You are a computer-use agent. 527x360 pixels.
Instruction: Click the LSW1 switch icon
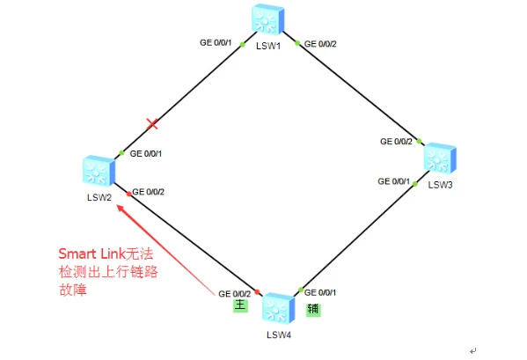(x=267, y=19)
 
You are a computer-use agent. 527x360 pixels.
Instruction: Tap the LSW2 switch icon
(x=99, y=171)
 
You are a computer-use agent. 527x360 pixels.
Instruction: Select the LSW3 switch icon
(x=440, y=158)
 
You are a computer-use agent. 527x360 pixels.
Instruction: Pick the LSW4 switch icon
(x=278, y=309)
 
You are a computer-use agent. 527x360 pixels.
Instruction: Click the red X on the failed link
(x=152, y=124)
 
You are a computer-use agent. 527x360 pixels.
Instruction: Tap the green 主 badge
(x=241, y=305)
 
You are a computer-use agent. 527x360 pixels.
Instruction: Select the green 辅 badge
(x=313, y=310)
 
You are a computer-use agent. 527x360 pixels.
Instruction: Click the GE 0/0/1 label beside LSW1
(x=216, y=42)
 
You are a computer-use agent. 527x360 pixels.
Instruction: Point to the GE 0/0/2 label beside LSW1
(x=320, y=44)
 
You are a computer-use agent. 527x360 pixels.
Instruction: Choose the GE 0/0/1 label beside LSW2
(x=146, y=154)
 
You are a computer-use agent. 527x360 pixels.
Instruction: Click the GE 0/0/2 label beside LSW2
(x=148, y=192)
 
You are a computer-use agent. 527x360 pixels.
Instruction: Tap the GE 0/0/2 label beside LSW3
(x=396, y=142)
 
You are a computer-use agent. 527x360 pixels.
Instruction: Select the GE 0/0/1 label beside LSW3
(x=393, y=181)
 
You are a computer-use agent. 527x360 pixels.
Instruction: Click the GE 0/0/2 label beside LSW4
(x=235, y=294)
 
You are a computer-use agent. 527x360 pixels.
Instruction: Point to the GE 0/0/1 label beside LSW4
(x=320, y=292)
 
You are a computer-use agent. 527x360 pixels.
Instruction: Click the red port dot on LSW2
(x=128, y=194)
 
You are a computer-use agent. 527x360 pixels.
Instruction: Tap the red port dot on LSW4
(x=257, y=291)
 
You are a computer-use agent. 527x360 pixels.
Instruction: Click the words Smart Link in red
(x=92, y=253)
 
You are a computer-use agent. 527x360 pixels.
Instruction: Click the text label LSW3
(x=440, y=185)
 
